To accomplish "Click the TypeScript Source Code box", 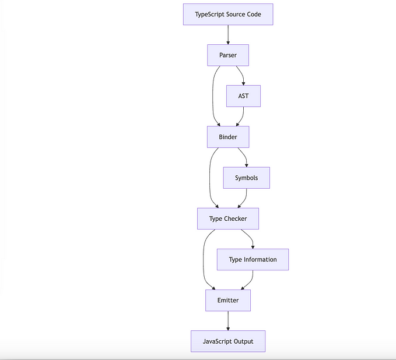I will [x=227, y=14].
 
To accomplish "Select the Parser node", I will [x=227, y=55].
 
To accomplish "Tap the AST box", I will [x=243, y=96].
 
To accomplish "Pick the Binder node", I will [x=227, y=137].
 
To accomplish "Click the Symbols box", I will [x=246, y=178].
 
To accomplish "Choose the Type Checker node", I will [x=227, y=219].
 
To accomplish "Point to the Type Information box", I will [x=253, y=260].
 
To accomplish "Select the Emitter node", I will [x=227, y=301].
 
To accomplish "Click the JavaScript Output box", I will [x=227, y=341].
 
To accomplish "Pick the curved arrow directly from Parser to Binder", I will [x=213, y=96].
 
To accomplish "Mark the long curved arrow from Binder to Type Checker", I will [x=210, y=178].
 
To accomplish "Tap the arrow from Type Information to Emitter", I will [x=250, y=281].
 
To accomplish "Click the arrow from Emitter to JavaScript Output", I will [x=227, y=321].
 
